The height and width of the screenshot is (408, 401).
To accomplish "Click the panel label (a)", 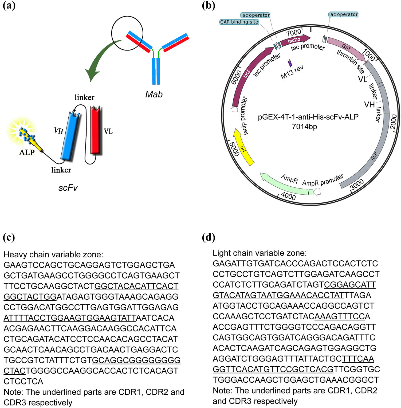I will (x=9, y=5).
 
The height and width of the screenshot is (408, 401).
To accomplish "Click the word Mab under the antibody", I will (x=154, y=94).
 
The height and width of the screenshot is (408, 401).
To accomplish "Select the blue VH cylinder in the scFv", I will (x=70, y=136).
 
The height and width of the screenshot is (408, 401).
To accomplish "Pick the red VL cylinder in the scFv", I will (x=95, y=131).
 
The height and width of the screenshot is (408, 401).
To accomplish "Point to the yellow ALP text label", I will (x=27, y=152).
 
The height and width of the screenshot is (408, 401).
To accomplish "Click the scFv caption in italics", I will (x=68, y=188).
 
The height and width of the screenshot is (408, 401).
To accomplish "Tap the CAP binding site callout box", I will (x=239, y=22).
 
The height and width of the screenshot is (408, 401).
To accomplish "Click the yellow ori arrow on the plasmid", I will (x=243, y=147).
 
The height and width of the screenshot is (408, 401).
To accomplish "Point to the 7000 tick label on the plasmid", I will (x=293, y=33).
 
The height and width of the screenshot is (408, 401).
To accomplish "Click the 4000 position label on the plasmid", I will (x=288, y=196).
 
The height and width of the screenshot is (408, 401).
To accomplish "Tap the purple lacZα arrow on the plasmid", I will (x=295, y=40).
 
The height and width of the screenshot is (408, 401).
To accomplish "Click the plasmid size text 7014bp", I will (x=304, y=127).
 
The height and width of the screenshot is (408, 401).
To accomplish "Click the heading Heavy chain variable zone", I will (x=53, y=254).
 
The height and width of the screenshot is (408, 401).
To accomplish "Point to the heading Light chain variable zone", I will (x=260, y=253).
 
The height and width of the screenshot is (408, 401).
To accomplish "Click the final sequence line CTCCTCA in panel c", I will (x=23, y=381).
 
